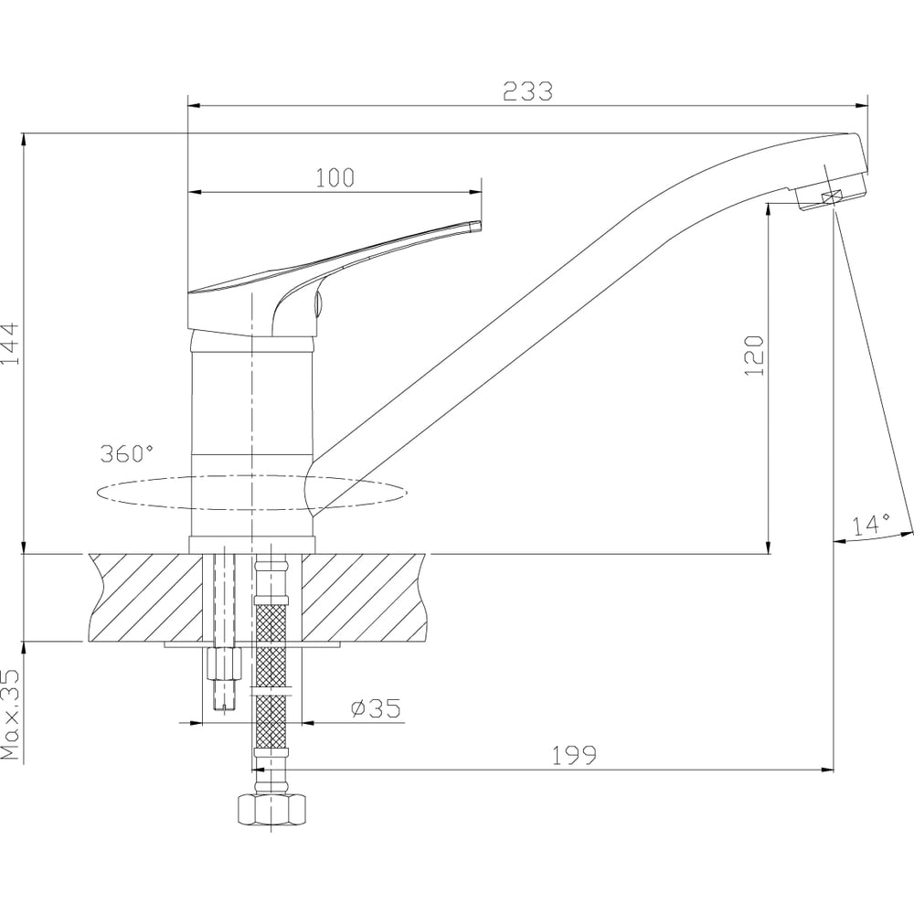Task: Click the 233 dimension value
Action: [x=527, y=91]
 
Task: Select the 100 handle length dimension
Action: [x=335, y=178]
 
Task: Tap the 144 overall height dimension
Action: [x=10, y=344]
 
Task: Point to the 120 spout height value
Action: [x=754, y=355]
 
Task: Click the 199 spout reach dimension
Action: [x=574, y=756]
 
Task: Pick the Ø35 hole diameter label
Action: [x=376, y=708]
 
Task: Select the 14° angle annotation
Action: [x=871, y=525]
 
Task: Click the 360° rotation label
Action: [x=127, y=453]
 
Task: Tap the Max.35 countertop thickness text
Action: [x=10, y=715]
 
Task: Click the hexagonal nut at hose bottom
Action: [x=272, y=809]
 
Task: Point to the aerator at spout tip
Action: [x=831, y=196]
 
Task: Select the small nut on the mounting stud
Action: [x=224, y=664]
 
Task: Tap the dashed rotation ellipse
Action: [x=252, y=509]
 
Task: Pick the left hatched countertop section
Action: [x=145, y=598]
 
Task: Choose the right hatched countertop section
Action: [x=365, y=598]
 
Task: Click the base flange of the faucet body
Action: [x=252, y=545]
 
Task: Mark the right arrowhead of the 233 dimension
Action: [x=862, y=106]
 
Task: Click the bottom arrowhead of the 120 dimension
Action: [x=769, y=547]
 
